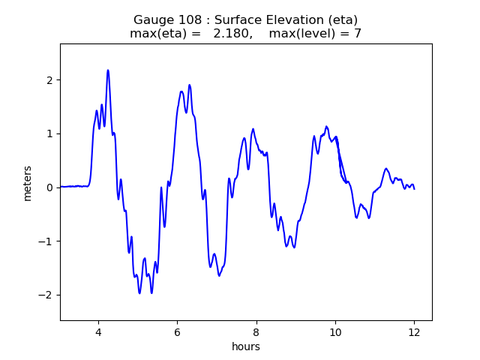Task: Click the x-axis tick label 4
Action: [x=97, y=333]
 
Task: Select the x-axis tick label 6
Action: [x=177, y=333]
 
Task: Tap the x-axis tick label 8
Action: [x=256, y=333]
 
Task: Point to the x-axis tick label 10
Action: [x=335, y=333]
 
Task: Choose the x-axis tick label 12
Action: [x=414, y=333]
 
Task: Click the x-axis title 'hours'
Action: [x=246, y=346]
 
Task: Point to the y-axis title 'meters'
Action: [x=28, y=183]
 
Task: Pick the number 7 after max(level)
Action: [x=358, y=34]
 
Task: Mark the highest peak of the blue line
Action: [x=108, y=70]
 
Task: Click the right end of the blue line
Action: [x=414, y=188]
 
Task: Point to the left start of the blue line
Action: [x=61, y=187]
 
